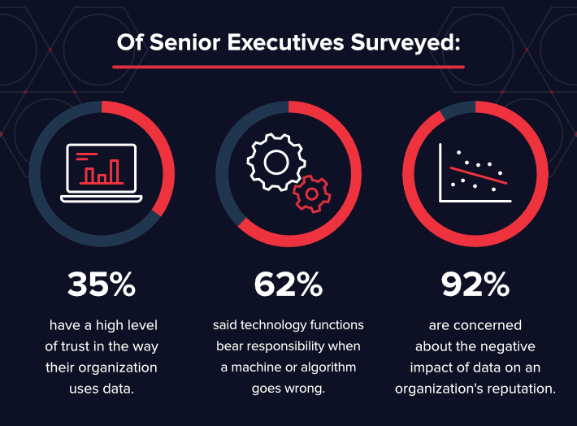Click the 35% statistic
point(102,284)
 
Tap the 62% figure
point(288,284)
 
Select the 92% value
point(475,284)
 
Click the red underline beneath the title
point(288,66)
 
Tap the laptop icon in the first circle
point(102,174)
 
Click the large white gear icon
point(273,162)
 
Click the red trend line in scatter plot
point(480,172)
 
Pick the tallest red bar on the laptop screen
point(115,170)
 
